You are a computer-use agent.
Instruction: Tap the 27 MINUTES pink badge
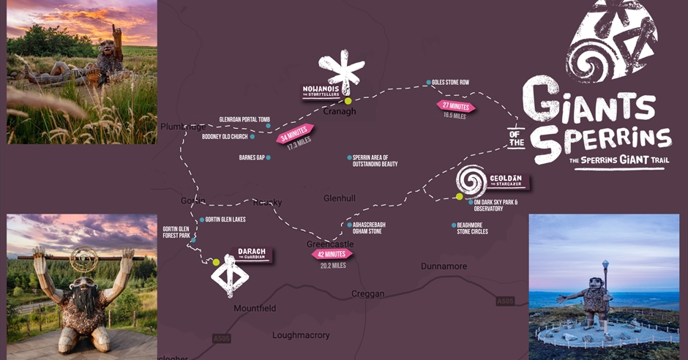[x=456, y=105]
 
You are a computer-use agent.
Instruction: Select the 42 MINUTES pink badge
[x=332, y=254]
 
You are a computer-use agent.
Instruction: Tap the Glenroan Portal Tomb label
[x=244, y=120]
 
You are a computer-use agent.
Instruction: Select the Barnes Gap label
[x=252, y=157]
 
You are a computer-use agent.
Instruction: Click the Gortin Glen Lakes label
[x=225, y=220]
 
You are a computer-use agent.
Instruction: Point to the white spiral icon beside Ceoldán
[x=471, y=181]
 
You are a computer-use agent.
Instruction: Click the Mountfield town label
[x=255, y=308]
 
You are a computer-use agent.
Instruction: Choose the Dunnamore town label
[x=444, y=266]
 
